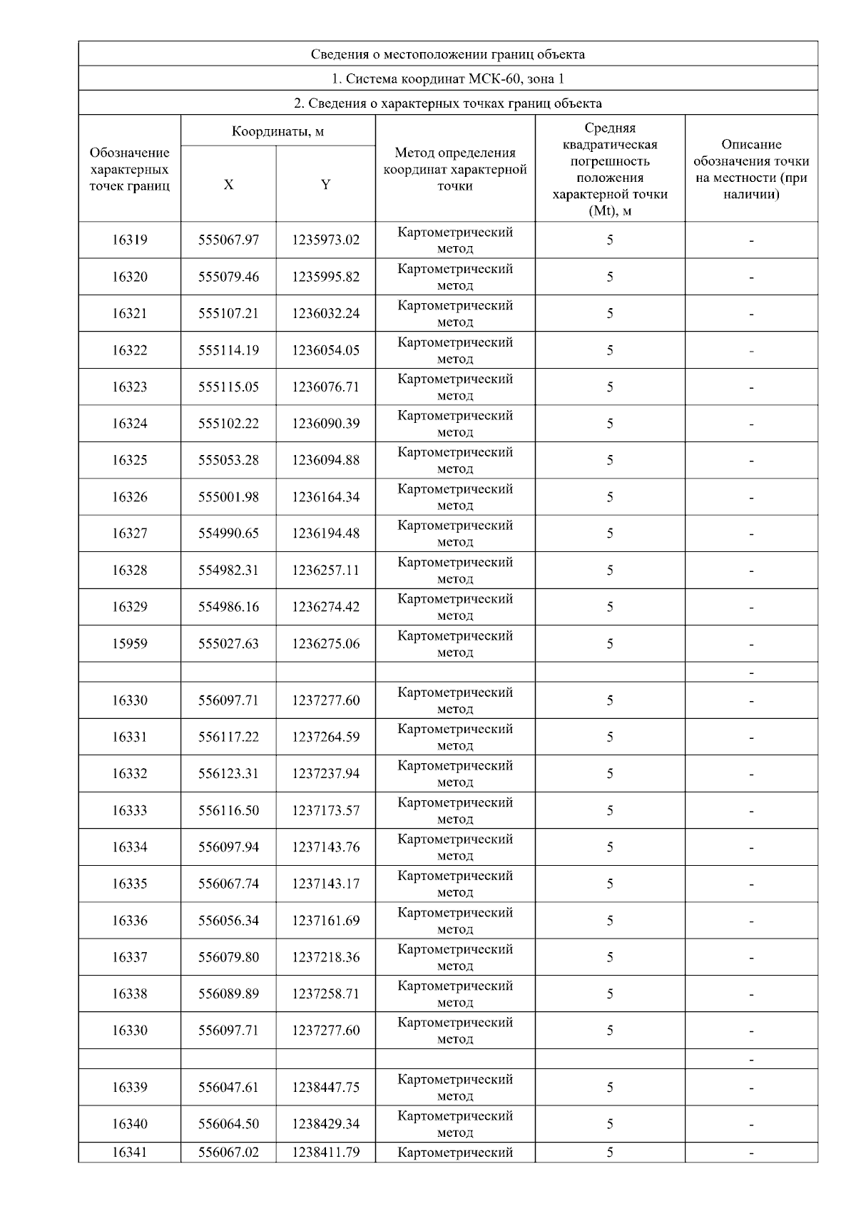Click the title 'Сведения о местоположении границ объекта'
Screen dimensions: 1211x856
click(448, 54)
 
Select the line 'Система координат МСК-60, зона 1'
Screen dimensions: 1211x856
click(448, 78)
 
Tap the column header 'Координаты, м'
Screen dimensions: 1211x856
click(278, 131)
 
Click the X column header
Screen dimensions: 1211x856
click(228, 185)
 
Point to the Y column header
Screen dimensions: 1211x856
click(325, 185)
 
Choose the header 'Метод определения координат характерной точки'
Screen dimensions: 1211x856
click(455, 169)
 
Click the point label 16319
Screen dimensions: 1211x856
click(130, 240)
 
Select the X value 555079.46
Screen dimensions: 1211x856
click(228, 277)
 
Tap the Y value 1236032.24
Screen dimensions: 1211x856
click(325, 314)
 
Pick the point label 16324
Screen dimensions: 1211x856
click(130, 424)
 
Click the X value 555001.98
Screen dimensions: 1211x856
click(228, 497)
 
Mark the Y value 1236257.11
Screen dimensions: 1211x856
click(325, 571)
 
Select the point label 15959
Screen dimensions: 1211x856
click(130, 644)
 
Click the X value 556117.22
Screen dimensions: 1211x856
click(228, 737)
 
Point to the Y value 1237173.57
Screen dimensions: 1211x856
click(325, 811)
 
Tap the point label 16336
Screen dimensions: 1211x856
click(130, 921)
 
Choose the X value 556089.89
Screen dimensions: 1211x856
click(228, 994)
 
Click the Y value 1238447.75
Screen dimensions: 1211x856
click(325, 1088)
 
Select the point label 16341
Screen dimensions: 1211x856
click(130, 1153)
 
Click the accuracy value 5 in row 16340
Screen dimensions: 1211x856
click(610, 1124)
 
